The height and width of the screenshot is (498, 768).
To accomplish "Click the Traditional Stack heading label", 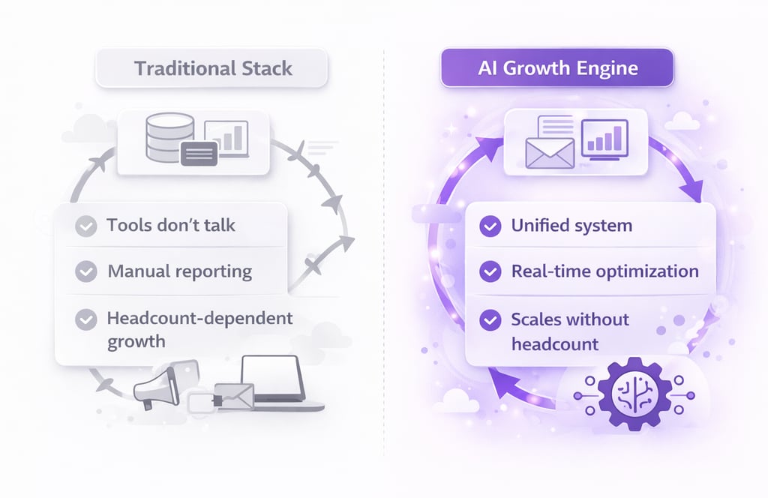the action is point(213,69).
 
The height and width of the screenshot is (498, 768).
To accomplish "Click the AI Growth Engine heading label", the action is point(557,69).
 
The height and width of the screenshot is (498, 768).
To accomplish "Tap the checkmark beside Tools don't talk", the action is point(87,226).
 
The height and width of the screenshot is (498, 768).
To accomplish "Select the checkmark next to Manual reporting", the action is point(87,271).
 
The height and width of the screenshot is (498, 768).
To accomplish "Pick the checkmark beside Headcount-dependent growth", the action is point(87,319).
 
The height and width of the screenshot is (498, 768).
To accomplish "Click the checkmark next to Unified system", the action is point(490,226).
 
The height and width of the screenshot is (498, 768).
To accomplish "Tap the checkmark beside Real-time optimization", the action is point(490,271).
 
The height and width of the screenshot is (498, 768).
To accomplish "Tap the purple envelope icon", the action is point(549,154).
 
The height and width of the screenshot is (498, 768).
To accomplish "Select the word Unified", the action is point(539,226).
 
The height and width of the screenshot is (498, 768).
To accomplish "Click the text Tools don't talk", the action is point(170,226).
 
